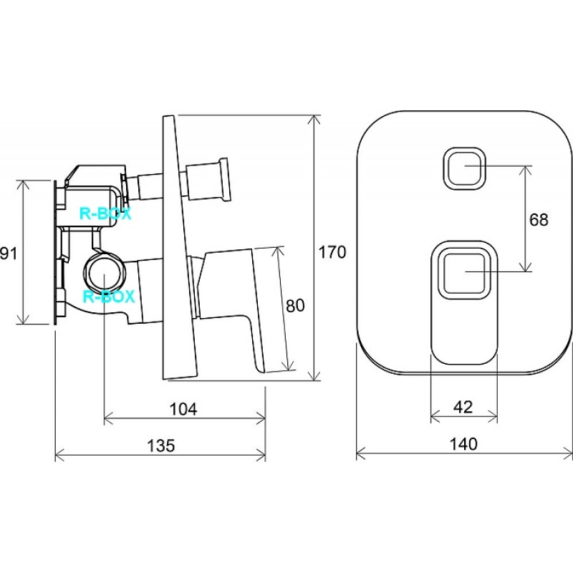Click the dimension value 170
coord(332,252)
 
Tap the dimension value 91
coord(9,253)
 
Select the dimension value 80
coord(295,306)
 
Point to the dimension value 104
coord(183,409)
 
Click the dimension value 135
coord(160,446)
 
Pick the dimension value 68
coord(539,220)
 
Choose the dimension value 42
coord(463,407)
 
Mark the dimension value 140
coord(463,444)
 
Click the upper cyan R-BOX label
coord(105,213)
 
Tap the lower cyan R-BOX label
coord(110,297)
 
